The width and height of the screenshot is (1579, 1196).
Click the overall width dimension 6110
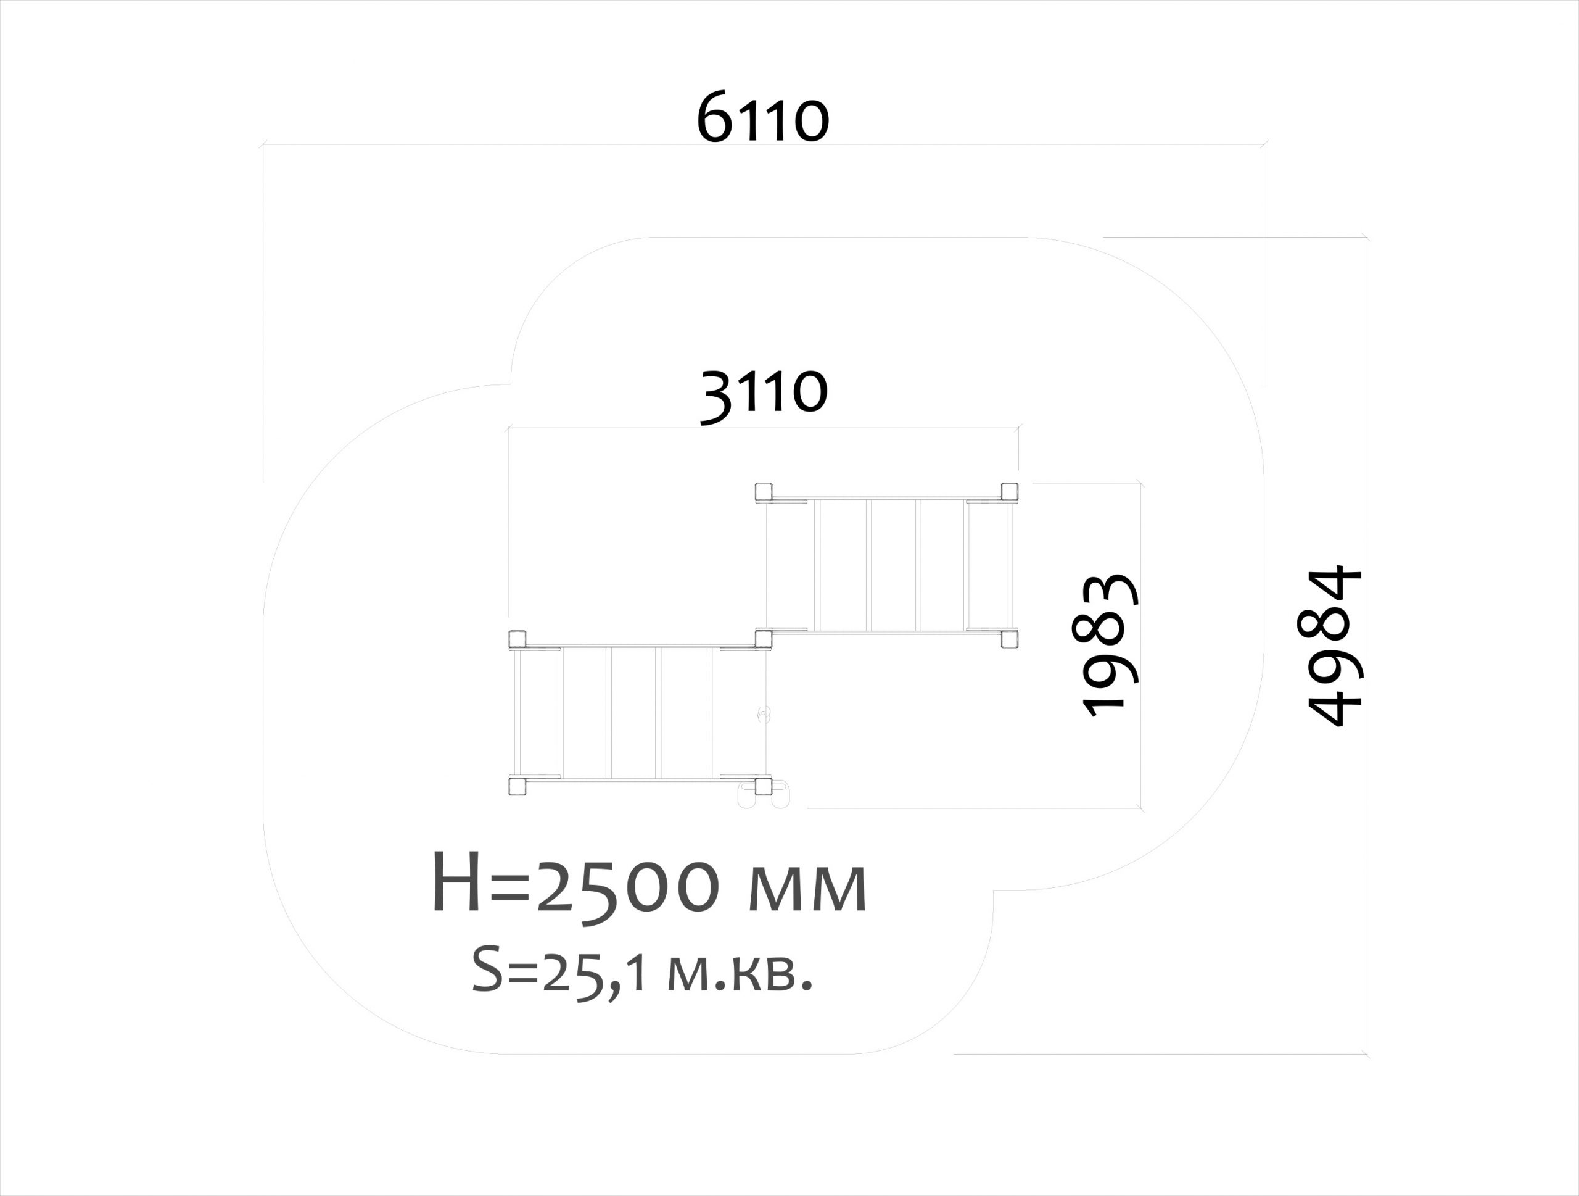pyautogui.click(x=762, y=118)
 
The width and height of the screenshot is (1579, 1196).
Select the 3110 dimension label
pyautogui.click(x=764, y=396)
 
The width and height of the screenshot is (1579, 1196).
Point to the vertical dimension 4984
pyautogui.click(x=1334, y=645)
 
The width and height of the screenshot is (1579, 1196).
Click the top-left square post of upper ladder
pyautogui.click(x=764, y=491)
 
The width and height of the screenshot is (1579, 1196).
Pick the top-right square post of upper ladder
pyautogui.click(x=1009, y=491)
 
